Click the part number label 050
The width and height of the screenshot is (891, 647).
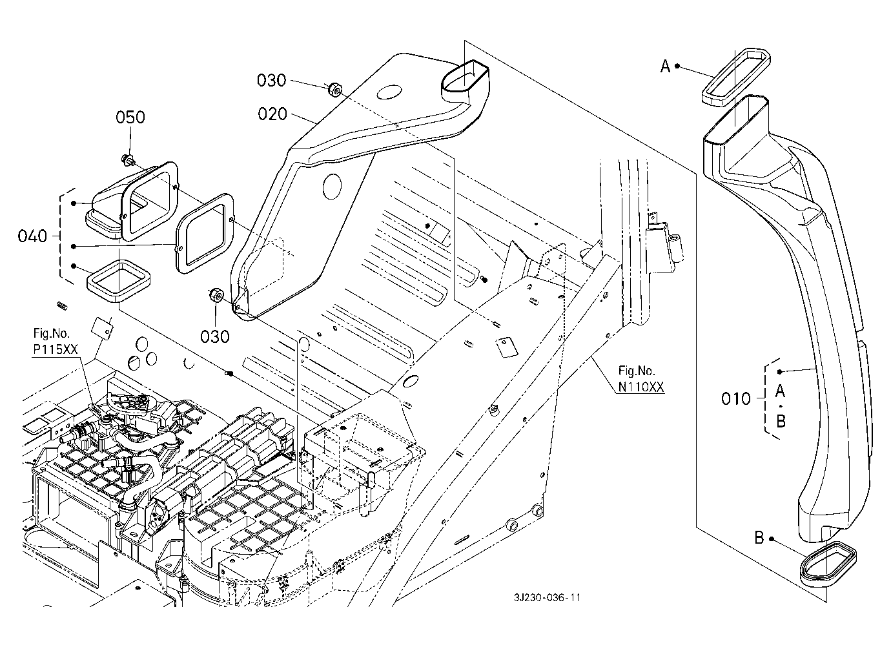point(130,118)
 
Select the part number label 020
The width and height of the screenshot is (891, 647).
point(272,114)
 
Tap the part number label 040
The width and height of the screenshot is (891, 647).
point(33,236)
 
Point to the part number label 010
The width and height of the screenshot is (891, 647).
point(736,398)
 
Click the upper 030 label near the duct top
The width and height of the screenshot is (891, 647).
point(271,81)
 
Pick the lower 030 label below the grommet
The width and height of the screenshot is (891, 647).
point(215,336)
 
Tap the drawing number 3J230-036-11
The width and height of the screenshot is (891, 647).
point(543,598)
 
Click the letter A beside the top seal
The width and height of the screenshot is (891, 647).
point(665,66)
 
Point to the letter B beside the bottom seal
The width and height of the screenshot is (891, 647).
point(759,537)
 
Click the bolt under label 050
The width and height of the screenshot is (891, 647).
point(127,159)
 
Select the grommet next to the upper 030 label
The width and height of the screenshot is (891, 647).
point(334,89)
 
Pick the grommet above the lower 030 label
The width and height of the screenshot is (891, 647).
point(216,296)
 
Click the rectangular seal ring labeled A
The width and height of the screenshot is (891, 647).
point(735,76)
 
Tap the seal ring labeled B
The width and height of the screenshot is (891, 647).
point(827,562)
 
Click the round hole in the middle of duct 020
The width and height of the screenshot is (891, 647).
point(331,185)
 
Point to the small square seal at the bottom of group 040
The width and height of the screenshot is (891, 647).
point(118,280)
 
